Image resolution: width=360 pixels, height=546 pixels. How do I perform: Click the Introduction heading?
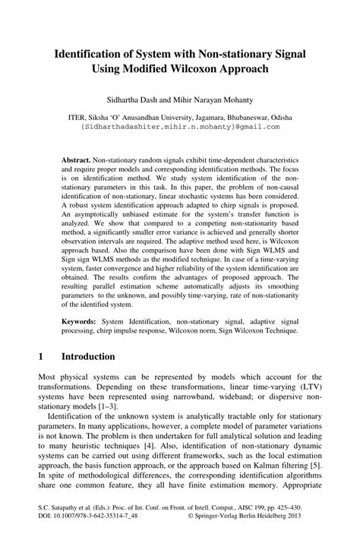click(x=88, y=356)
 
